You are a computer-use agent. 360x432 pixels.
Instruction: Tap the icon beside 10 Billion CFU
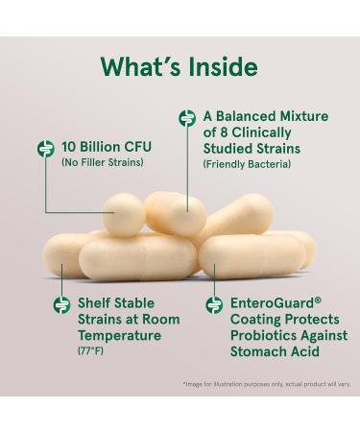43,149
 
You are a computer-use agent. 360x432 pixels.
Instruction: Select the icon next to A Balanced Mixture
187,118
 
